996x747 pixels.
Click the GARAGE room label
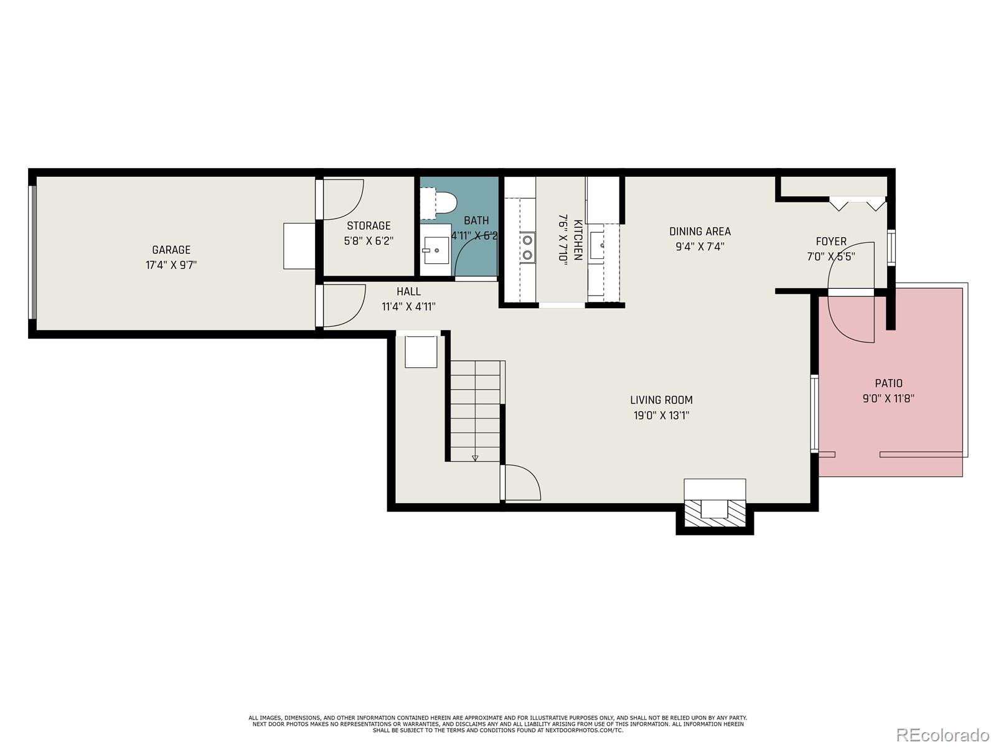[x=171, y=250]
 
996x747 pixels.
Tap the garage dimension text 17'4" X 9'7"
[x=171, y=265]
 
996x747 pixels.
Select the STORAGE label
[x=369, y=225]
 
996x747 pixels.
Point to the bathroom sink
[x=435, y=250]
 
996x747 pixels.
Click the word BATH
[x=476, y=220]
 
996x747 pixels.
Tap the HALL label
[x=408, y=291]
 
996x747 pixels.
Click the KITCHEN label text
[x=578, y=240]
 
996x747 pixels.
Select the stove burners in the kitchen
[x=527, y=247]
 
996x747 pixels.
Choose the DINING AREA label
[x=700, y=231]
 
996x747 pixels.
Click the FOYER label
[x=831, y=241]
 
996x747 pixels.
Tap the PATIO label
[x=888, y=383]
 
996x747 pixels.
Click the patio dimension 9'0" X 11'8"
[x=888, y=399]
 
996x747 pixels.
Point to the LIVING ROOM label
[x=661, y=400]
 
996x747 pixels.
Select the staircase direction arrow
[x=475, y=458]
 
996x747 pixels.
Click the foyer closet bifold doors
[x=857, y=202]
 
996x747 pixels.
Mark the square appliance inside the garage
[x=299, y=246]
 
